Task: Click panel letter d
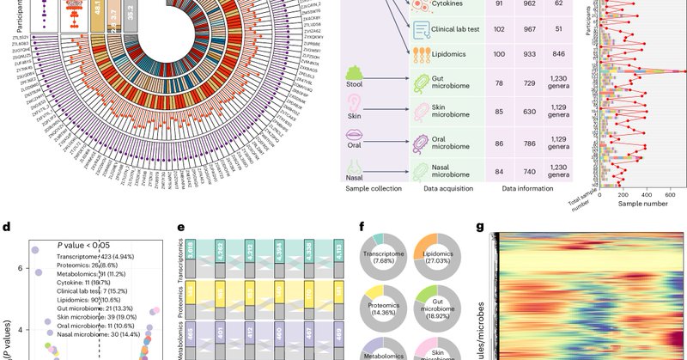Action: [x=7, y=229]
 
